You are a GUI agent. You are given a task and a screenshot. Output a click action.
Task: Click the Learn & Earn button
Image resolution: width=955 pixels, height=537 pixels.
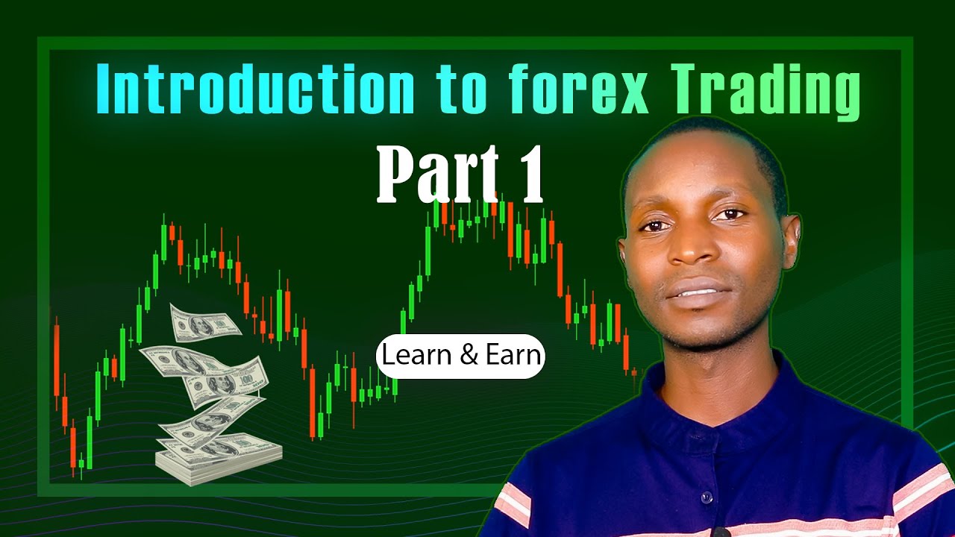[x=460, y=356]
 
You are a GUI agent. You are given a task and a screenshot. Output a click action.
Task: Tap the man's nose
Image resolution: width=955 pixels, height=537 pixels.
[x=691, y=246]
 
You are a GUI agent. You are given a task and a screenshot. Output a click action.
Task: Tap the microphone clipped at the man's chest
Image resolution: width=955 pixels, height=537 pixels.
[x=720, y=533]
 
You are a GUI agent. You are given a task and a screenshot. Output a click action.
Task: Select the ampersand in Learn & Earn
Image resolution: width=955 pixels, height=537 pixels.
[x=470, y=356]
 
